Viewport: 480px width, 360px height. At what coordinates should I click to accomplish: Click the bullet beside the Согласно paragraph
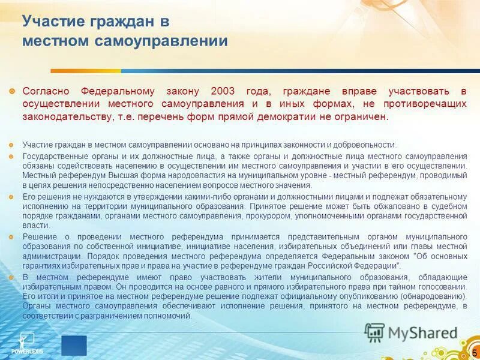point(13,91)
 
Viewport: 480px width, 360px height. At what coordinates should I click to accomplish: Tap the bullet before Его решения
point(13,197)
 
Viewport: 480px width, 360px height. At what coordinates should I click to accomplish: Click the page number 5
point(475,352)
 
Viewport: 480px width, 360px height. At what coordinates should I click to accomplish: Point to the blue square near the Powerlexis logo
point(74,346)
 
